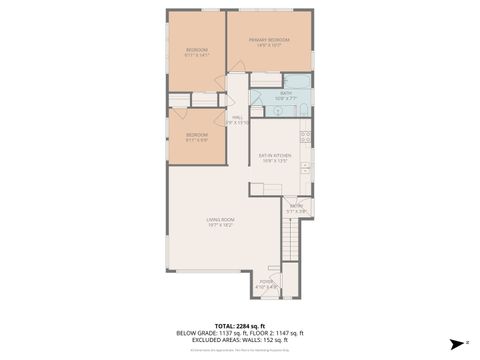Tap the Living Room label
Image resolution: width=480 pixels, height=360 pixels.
(x=220, y=222)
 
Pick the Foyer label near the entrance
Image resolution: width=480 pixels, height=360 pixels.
(x=266, y=284)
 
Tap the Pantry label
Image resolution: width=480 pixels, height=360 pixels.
(x=296, y=209)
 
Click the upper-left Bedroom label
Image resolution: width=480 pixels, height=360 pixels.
(x=196, y=52)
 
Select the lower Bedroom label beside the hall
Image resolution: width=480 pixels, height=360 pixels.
(x=196, y=136)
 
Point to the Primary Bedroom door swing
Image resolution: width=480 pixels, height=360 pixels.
(x=238, y=68)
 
